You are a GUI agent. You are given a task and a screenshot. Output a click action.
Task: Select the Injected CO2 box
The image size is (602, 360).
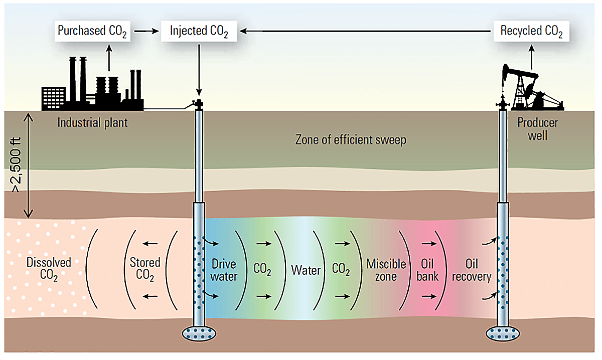[x=199, y=31]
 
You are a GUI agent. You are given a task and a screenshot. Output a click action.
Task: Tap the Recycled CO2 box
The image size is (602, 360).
[x=531, y=31]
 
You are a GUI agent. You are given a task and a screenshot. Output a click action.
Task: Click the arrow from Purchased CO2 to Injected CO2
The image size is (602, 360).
[x=146, y=31]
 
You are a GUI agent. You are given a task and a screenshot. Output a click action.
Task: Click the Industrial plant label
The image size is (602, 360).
[x=92, y=122]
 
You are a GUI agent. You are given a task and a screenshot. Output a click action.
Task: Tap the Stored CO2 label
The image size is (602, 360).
[x=145, y=269]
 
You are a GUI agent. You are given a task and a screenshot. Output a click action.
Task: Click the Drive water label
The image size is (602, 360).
[x=224, y=270]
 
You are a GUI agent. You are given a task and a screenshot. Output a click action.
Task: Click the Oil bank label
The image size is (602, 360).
[x=428, y=270]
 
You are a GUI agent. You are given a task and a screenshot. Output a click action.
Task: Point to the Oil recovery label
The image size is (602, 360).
[x=472, y=270]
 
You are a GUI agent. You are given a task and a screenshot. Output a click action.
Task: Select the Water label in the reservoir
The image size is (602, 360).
[x=306, y=270]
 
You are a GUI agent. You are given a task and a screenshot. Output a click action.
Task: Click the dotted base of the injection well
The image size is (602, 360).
[x=199, y=333]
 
